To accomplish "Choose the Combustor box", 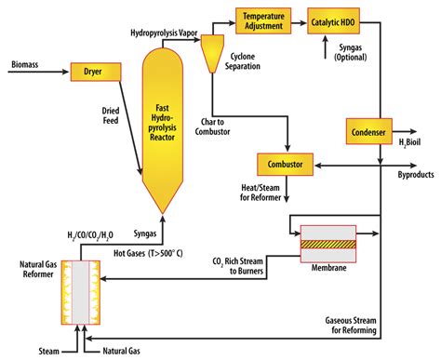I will [x=286, y=165].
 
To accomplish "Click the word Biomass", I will [x=25, y=65].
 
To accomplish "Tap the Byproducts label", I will [x=416, y=174].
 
